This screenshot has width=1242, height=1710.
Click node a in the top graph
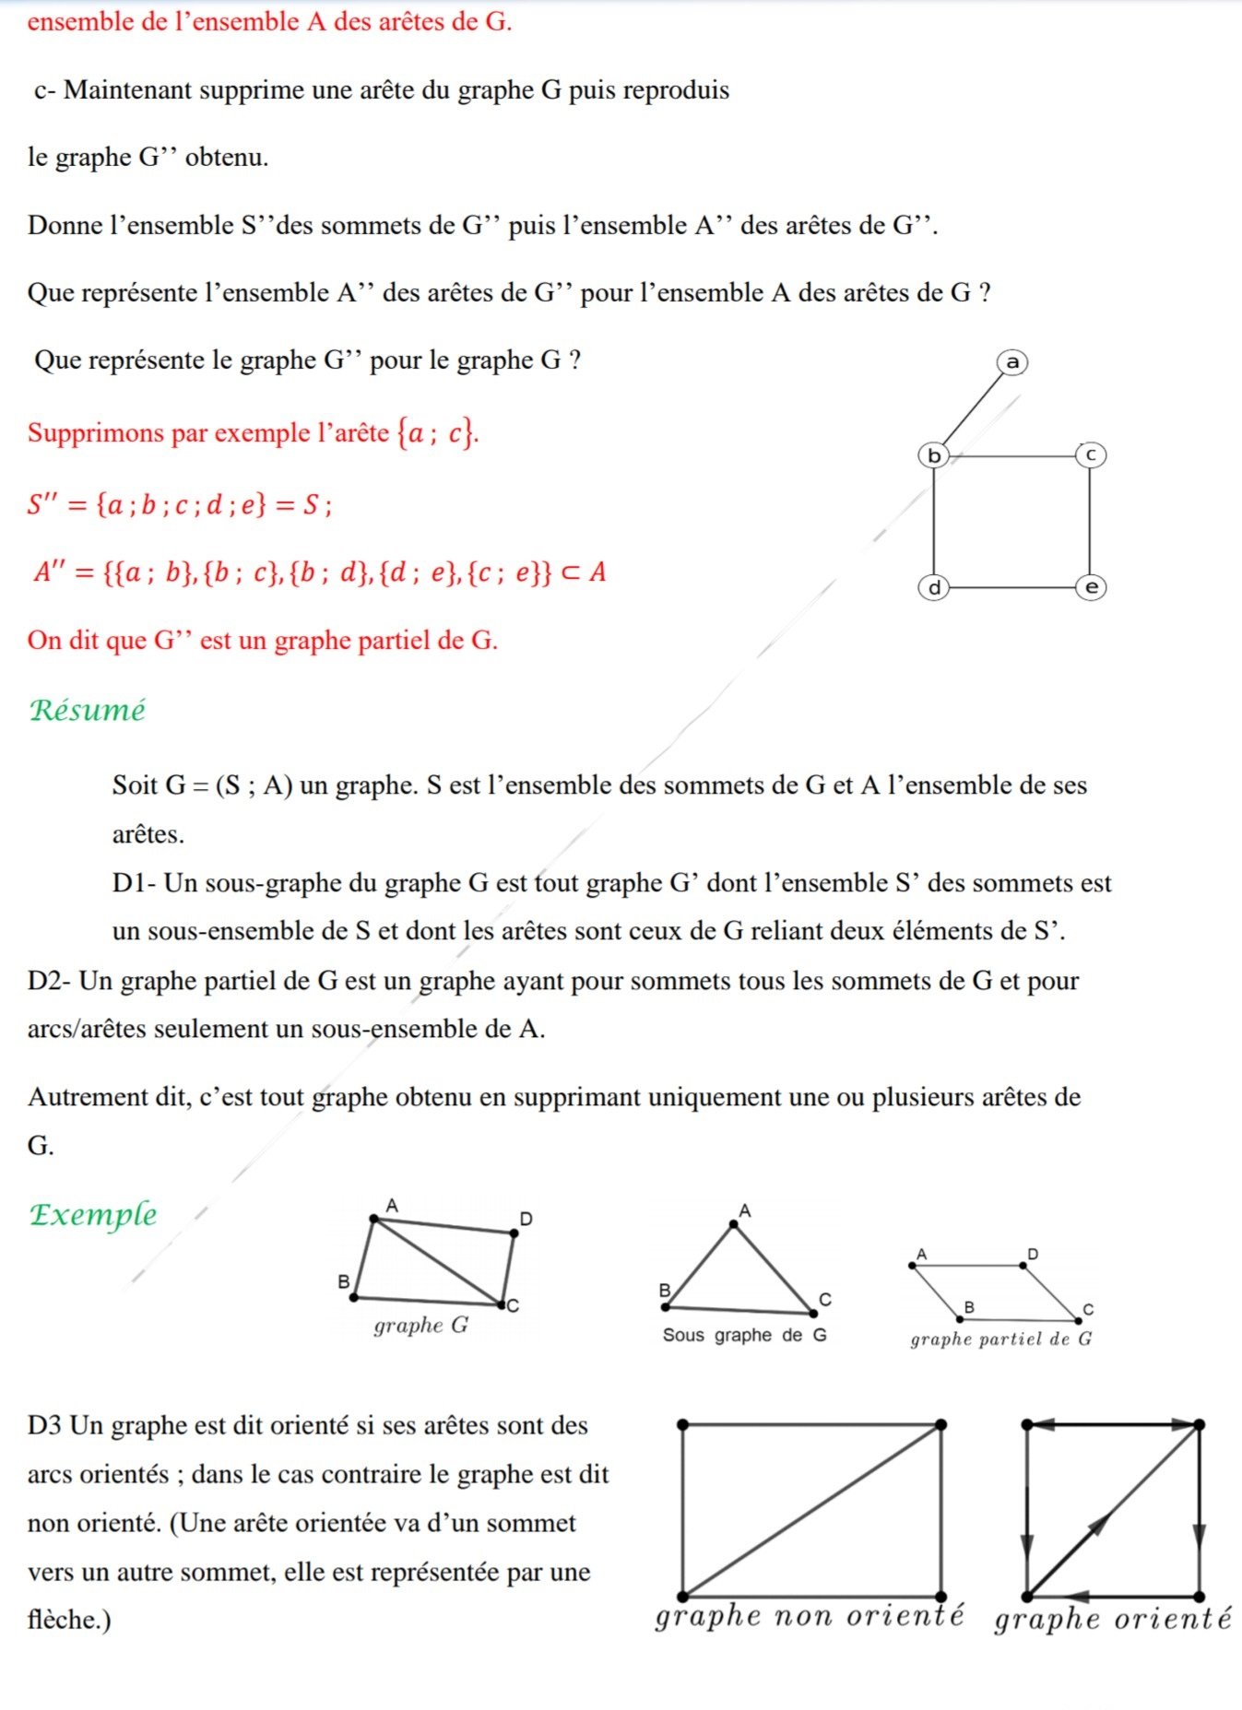tap(1012, 362)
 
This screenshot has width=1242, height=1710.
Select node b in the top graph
tap(934, 455)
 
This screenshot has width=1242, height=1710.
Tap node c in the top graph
tap(1090, 454)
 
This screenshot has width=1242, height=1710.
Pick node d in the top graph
tap(934, 587)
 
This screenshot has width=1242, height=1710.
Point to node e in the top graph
tap(1091, 587)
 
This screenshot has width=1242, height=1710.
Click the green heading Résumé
tap(88, 710)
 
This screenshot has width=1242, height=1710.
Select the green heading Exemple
tap(92, 1214)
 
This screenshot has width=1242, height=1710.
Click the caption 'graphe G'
tap(420, 1326)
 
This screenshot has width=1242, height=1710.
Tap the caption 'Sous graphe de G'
tap(744, 1335)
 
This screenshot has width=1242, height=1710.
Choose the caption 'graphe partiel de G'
tap(1000, 1339)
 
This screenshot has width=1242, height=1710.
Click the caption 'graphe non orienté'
tap(809, 1615)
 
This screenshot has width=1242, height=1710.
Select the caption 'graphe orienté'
tap(1112, 1618)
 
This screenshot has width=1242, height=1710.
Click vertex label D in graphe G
tap(526, 1219)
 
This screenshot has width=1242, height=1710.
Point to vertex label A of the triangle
tap(745, 1210)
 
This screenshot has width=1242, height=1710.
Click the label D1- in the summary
tap(135, 883)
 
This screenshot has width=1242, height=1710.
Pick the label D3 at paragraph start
tap(44, 1425)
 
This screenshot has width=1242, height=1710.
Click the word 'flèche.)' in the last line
tap(69, 1620)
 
